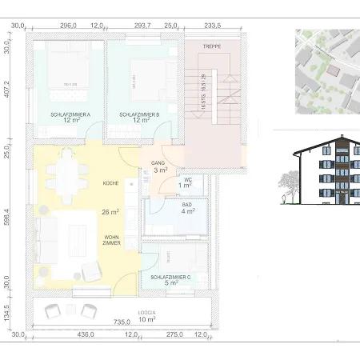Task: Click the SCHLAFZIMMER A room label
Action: pos(70,114)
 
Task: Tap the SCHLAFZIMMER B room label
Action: pos(139,114)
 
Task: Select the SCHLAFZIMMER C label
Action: pos(170,276)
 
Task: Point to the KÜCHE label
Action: pos(110,183)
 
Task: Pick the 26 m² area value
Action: pos(110,212)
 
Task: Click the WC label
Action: pos(186,179)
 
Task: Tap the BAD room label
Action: pos(186,205)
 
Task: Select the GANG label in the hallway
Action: pos(158,162)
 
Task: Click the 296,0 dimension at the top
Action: pos(69,26)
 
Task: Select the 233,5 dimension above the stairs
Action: pos(213,26)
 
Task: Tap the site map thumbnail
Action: pos(326,70)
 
